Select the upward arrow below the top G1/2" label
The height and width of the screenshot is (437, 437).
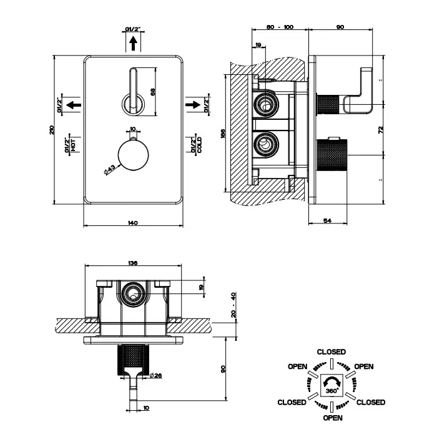click(x=133, y=43)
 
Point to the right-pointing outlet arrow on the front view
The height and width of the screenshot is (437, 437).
click(x=194, y=104)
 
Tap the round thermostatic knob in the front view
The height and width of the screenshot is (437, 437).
click(x=132, y=155)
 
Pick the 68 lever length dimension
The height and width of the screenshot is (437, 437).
click(x=152, y=91)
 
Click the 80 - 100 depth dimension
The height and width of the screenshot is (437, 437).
click(x=280, y=27)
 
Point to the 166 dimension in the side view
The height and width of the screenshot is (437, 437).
click(x=222, y=133)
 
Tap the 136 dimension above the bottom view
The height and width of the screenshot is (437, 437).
click(x=132, y=263)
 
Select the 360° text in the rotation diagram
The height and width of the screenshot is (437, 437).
click(x=331, y=390)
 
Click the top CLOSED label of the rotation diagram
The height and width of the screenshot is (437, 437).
click(x=331, y=352)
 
